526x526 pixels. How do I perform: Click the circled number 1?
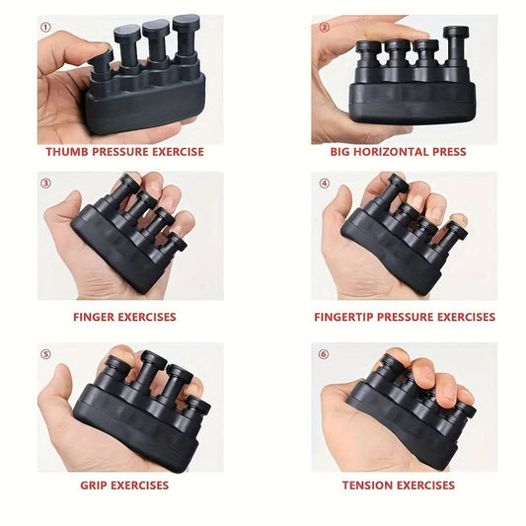(46, 28)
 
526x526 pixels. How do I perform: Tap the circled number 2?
(324, 28)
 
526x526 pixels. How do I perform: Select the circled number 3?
(46, 184)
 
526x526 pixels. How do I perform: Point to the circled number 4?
(324, 184)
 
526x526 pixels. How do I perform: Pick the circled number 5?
(46, 354)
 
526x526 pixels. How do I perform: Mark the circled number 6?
(324, 354)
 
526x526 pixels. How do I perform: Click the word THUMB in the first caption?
(67, 152)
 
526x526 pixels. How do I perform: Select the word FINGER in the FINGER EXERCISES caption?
(95, 317)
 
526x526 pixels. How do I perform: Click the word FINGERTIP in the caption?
(343, 317)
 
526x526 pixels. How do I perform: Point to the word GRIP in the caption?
(94, 486)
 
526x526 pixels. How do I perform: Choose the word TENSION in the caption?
(368, 486)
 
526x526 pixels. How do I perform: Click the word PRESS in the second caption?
(449, 152)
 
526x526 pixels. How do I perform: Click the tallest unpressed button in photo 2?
(456, 47)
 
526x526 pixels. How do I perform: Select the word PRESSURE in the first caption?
(120, 152)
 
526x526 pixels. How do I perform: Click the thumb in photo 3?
(64, 208)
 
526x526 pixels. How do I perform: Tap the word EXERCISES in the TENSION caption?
(426, 486)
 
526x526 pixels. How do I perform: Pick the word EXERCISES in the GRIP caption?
(140, 486)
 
